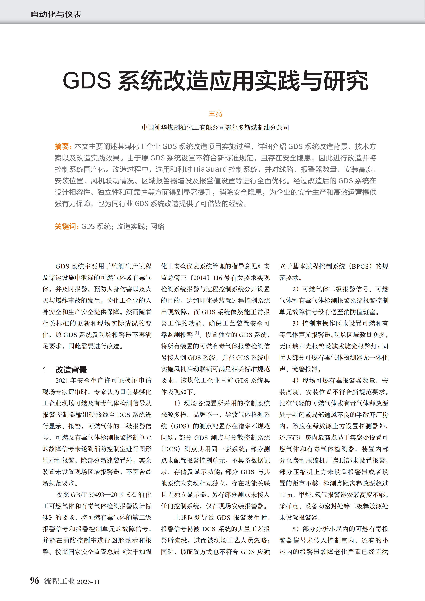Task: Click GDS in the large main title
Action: (87, 81)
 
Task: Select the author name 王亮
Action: (215, 114)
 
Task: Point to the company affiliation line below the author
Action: (215, 128)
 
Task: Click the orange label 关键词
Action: (65, 226)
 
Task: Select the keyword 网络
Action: (157, 226)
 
